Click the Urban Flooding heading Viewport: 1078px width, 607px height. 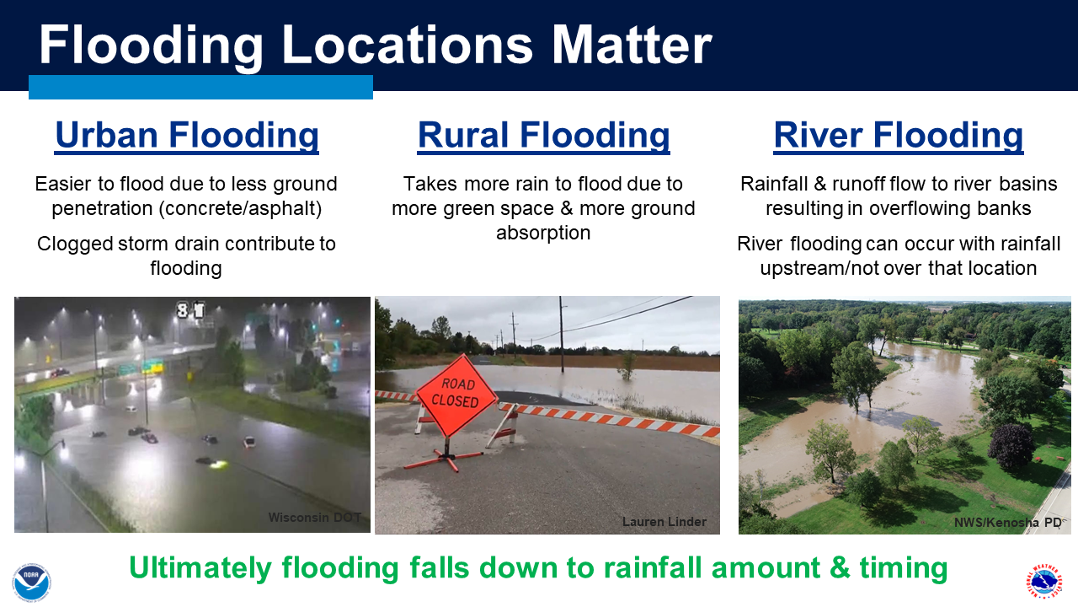pyautogui.click(x=187, y=136)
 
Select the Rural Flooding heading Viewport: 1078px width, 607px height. pyautogui.click(x=543, y=136)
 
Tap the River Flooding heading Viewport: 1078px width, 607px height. pyautogui.click(x=898, y=136)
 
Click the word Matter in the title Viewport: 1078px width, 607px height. pyautogui.click(x=632, y=45)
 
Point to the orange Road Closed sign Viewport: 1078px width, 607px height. pyautogui.click(x=456, y=394)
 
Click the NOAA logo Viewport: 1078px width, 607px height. pyautogui.click(x=32, y=582)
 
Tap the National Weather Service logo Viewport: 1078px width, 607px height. pyautogui.click(x=1043, y=582)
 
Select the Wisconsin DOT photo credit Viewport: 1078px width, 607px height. pyautogui.click(x=315, y=518)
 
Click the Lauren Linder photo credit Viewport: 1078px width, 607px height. pyautogui.click(x=664, y=522)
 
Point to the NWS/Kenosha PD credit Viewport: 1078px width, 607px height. pyautogui.click(x=1008, y=522)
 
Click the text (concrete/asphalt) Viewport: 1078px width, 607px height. pyautogui.click(x=240, y=209)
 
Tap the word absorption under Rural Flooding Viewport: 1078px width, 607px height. pyautogui.click(x=543, y=234)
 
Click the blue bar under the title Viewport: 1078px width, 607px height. pyautogui.click(x=200, y=87)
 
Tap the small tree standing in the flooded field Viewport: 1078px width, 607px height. pyautogui.click(x=627, y=365)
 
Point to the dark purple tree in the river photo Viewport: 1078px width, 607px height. pyautogui.click(x=1011, y=446)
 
